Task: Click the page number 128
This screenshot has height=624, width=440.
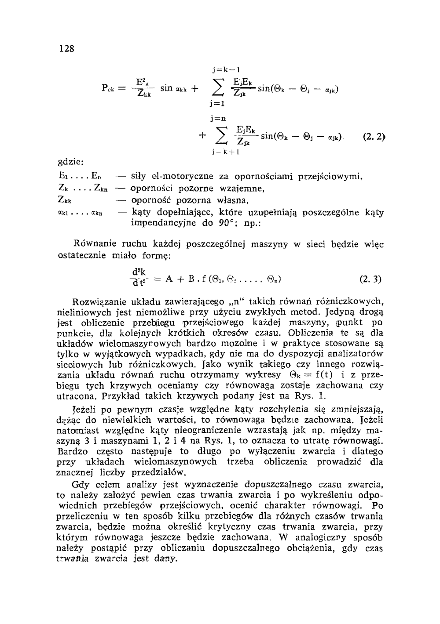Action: pos(67,48)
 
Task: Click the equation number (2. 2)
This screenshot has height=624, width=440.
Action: pos(374,136)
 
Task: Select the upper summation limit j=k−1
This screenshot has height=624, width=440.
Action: pos(225,70)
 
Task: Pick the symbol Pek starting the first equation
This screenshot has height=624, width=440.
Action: pos(109,88)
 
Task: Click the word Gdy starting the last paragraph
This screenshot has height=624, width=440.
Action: pos(80,485)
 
